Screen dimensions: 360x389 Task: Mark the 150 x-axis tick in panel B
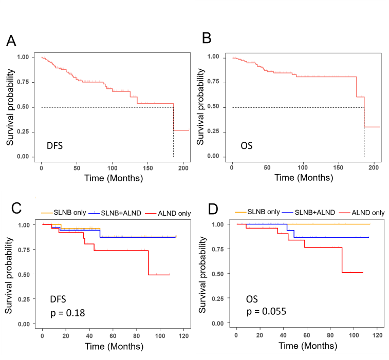(x=338, y=167)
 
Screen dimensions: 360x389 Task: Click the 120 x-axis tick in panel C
(x=183, y=335)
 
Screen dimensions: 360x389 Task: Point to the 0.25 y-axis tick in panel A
(x=24, y=132)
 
